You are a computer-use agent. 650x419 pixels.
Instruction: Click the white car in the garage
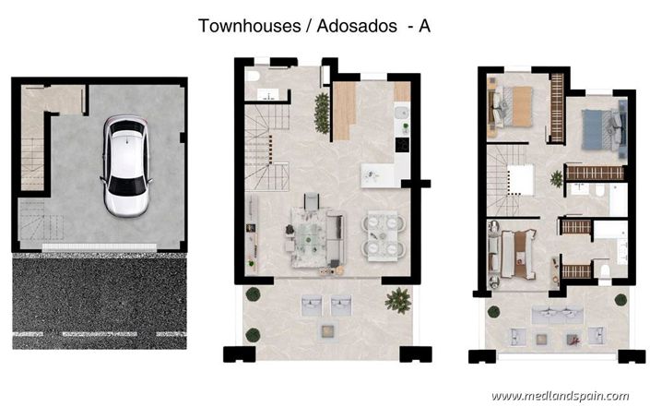[125, 165]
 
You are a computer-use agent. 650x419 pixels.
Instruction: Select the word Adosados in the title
[356, 26]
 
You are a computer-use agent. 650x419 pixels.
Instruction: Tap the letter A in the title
[424, 26]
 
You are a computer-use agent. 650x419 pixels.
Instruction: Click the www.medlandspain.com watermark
[560, 396]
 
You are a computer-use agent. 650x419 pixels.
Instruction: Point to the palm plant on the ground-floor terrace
[398, 299]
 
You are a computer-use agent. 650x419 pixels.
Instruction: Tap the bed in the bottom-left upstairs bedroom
[513, 253]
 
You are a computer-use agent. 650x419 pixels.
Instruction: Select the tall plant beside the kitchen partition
[321, 112]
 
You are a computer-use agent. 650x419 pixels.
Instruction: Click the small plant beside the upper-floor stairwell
[557, 177]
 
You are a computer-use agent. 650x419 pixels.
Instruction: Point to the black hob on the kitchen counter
[402, 144]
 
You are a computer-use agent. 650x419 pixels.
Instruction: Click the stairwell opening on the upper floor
[518, 178]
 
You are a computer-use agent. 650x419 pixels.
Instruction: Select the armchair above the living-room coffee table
[310, 200]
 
